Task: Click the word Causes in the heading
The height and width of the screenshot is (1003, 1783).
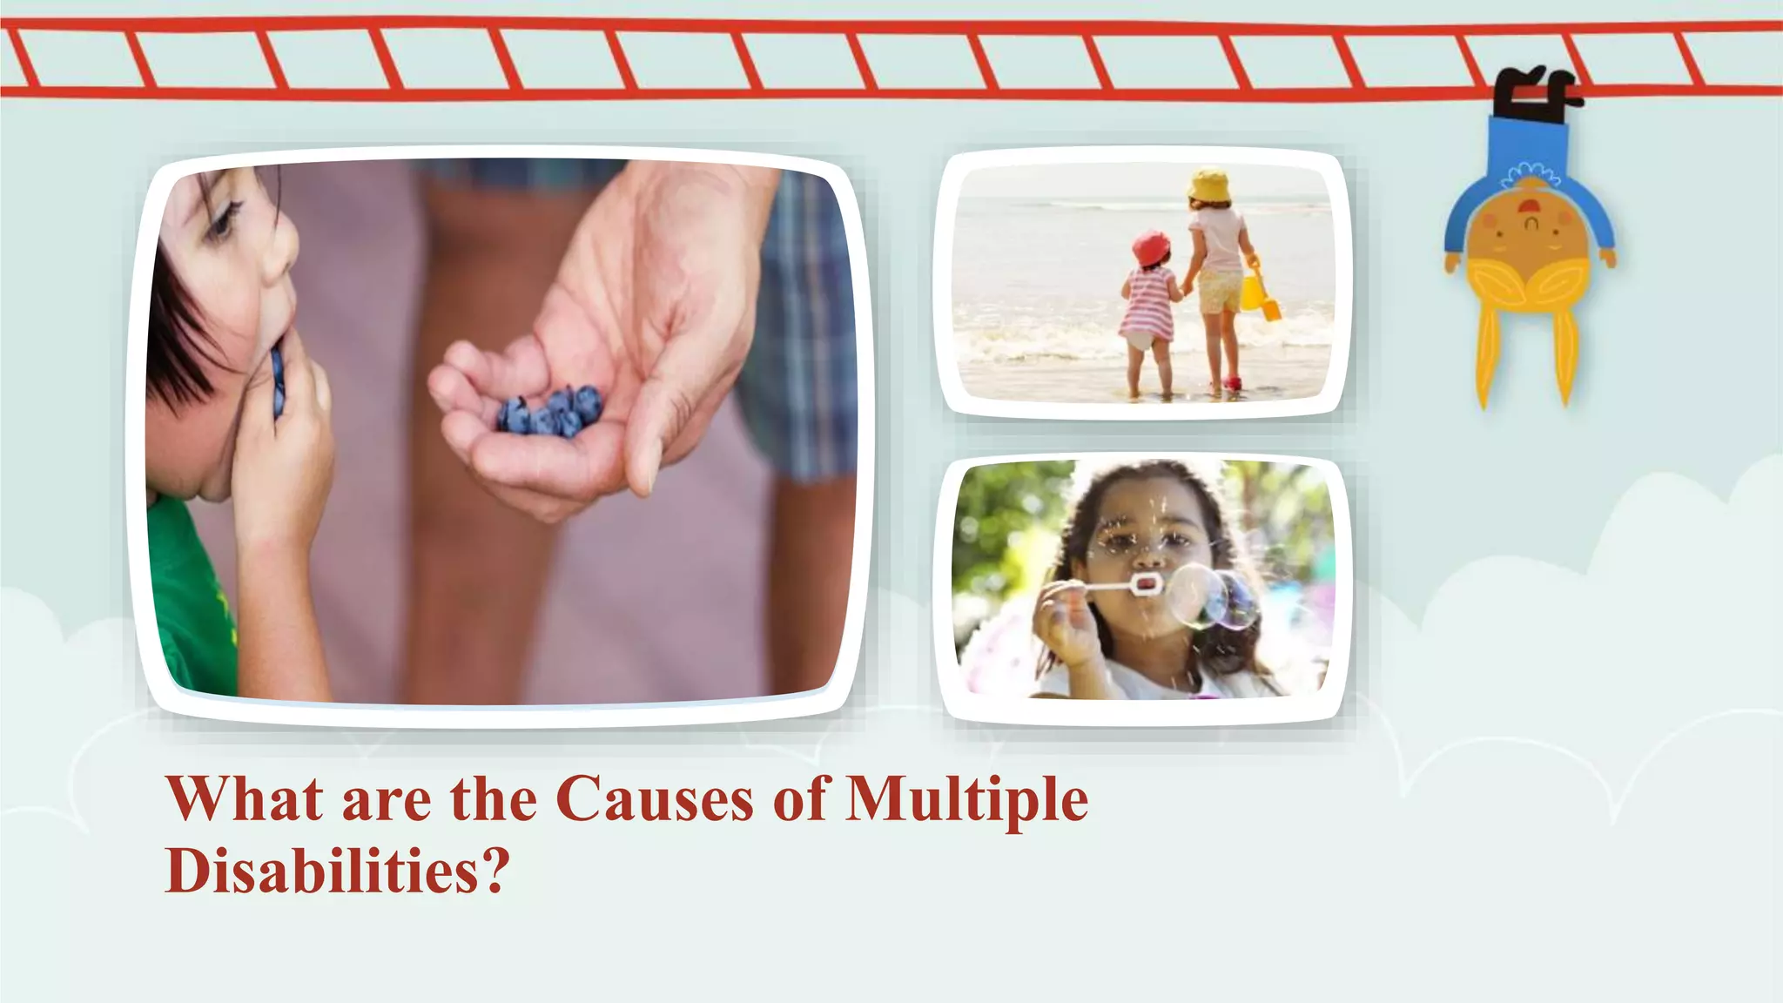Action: pos(655,799)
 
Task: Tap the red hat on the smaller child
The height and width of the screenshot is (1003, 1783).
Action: pos(1151,247)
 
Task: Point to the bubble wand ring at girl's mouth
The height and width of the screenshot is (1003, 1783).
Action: pos(1145,583)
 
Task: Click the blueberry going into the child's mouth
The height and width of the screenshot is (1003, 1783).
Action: pos(277,379)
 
